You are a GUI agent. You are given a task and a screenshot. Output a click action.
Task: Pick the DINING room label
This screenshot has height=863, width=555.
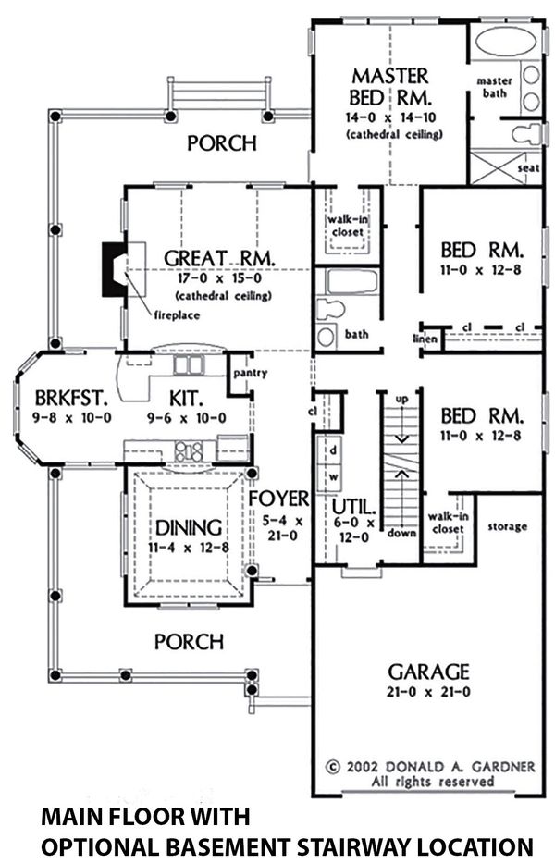tap(188, 528)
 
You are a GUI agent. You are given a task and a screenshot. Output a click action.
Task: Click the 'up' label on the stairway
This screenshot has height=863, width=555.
tap(401, 398)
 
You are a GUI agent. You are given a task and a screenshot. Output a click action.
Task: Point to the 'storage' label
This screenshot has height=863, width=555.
tap(507, 526)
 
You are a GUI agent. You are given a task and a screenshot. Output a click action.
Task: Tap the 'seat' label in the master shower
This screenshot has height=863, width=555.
tap(530, 168)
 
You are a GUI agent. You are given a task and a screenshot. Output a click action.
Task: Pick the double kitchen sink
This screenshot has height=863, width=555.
tap(189, 367)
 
